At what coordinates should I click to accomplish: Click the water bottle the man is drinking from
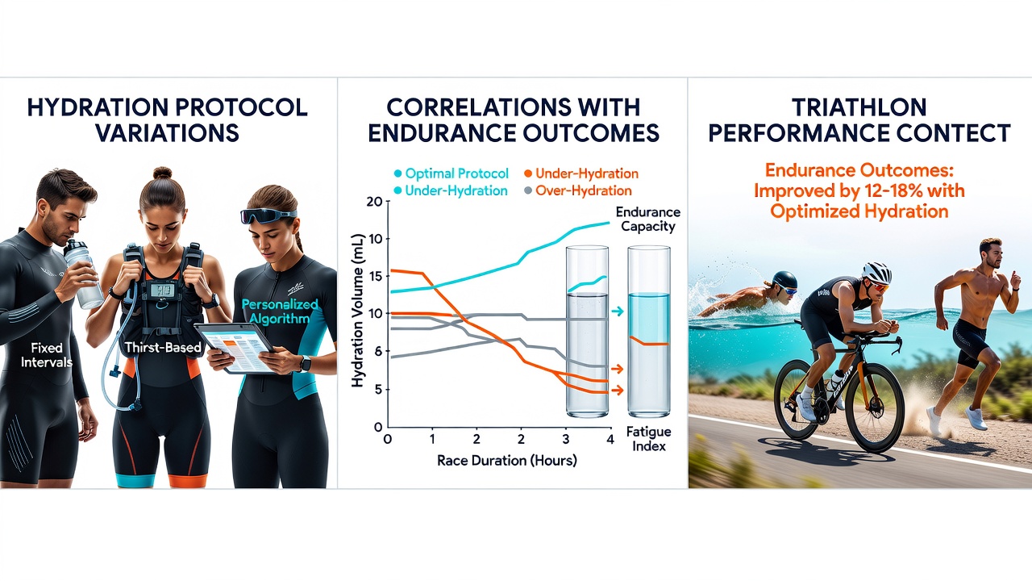point(83,274)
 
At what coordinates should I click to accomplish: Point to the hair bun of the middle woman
point(162,173)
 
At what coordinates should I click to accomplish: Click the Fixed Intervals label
point(47,354)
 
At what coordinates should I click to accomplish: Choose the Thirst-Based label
point(163,347)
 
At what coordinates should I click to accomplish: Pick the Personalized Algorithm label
point(280,311)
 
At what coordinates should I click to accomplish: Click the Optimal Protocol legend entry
point(451,173)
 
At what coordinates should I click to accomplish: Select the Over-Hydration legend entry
point(578,190)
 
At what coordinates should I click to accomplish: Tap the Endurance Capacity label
point(647,219)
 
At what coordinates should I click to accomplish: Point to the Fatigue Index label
point(649,439)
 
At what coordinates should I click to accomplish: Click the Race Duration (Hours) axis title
point(507,460)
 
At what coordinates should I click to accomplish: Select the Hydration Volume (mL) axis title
point(358,311)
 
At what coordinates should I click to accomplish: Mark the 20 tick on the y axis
point(376,202)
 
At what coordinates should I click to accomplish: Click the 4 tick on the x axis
point(610,439)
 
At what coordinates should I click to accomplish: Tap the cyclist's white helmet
point(876,272)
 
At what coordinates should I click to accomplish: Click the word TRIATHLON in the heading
point(859,107)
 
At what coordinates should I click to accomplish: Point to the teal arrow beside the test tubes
point(617,311)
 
